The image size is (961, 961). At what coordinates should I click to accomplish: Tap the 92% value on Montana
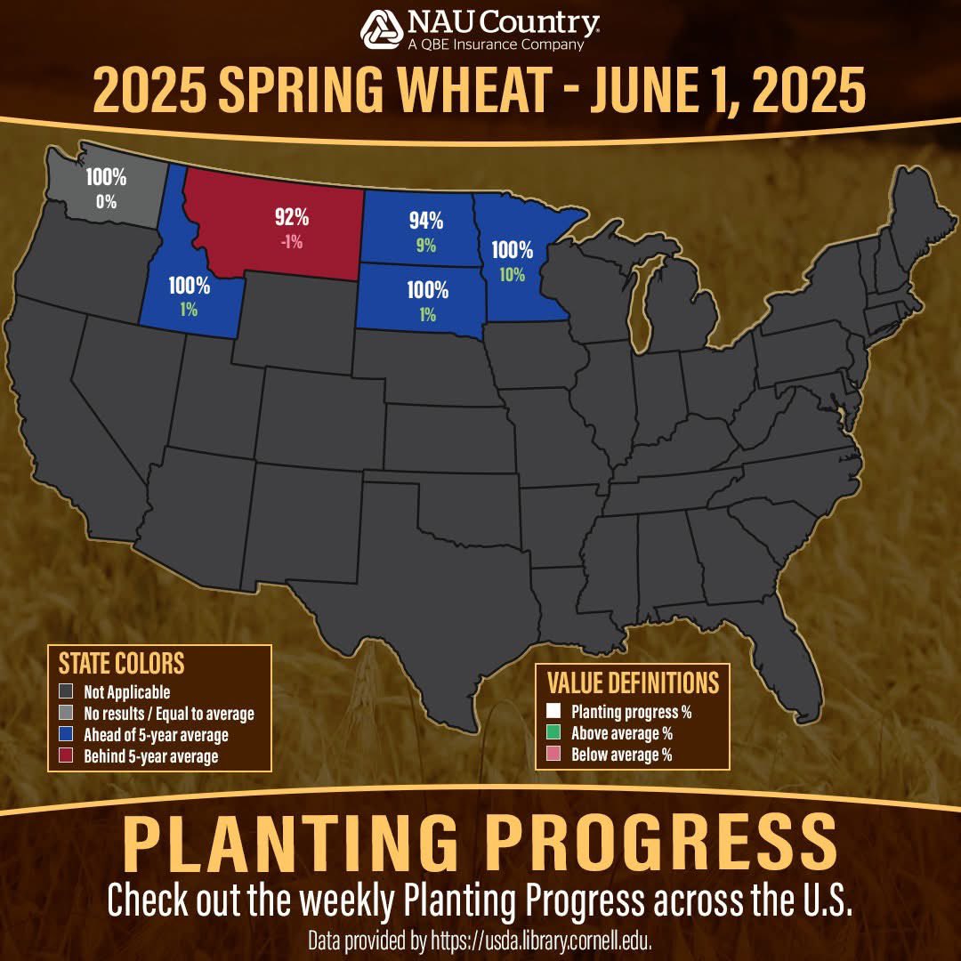(291, 216)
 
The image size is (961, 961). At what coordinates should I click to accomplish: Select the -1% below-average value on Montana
(292, 241)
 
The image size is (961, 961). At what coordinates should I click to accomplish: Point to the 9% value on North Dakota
(426, 246)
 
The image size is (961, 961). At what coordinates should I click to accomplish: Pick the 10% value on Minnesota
(512, 275)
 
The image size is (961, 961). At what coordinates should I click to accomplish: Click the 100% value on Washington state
(106, 177)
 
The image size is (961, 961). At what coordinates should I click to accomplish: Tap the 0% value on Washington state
(107, 201)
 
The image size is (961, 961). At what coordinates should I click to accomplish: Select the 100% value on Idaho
(189, 286)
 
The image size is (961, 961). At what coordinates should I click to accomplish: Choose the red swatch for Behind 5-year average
(66, 756)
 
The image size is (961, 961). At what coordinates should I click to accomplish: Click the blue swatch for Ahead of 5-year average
(66, 735)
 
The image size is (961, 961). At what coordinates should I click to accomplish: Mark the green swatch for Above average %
(554, 733)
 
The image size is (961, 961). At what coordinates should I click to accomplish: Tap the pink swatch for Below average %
(554, 755)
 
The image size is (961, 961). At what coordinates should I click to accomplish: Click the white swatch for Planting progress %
(554, 712)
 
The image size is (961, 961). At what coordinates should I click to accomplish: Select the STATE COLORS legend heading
(121, 664)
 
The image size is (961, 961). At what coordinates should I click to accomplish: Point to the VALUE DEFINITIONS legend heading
(633, 682)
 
